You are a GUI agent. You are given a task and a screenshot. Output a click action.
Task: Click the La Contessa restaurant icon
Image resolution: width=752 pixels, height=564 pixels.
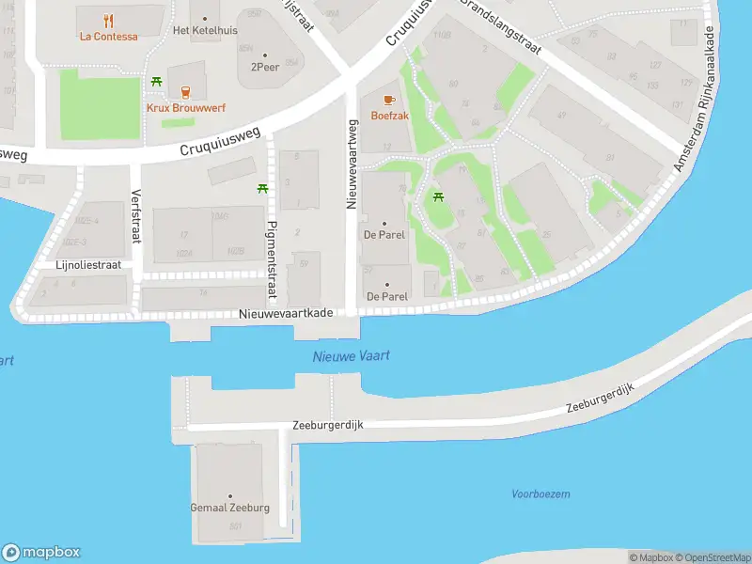tap(109, 20)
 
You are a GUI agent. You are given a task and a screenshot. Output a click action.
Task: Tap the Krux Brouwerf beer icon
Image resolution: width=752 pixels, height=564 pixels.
tap(185, 91)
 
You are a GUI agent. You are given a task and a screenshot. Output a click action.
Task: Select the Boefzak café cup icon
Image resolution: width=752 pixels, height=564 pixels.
tap(390, 100)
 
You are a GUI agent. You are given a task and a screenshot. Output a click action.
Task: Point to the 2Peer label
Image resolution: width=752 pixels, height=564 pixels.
tap(264, 68)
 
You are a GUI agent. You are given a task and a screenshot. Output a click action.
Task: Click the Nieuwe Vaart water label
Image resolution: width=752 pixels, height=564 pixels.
tap(351, 356)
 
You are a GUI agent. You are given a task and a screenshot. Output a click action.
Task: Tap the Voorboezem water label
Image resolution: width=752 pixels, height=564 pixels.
tap(540, 493)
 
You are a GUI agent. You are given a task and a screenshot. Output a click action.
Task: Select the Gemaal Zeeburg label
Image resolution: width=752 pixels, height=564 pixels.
tap(229, 508)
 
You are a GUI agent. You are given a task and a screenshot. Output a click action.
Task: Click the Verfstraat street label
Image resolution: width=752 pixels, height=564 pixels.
tap(135, 216)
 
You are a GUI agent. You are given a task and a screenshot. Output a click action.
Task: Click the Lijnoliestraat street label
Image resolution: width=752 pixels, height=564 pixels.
tap(88, 265)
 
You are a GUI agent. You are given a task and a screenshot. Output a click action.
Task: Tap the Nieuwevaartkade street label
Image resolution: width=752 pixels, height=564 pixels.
tap(285, 313)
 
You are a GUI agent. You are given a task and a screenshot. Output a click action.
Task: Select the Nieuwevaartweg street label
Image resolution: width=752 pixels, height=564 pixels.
tap(352, 164)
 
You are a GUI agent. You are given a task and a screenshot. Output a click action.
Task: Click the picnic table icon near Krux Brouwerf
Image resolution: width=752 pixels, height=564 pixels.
tap(157, 82)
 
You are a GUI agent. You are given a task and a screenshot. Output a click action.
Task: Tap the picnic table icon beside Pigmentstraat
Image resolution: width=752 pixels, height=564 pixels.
tap(262, 189)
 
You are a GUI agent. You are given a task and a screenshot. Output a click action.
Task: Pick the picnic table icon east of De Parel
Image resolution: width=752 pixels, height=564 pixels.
tap(437, 196)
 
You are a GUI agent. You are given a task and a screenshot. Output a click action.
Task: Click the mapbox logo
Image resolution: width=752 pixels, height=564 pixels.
tap(41, 553)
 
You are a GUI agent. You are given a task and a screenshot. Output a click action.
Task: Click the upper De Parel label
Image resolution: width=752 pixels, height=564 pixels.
tap(385, 234)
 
